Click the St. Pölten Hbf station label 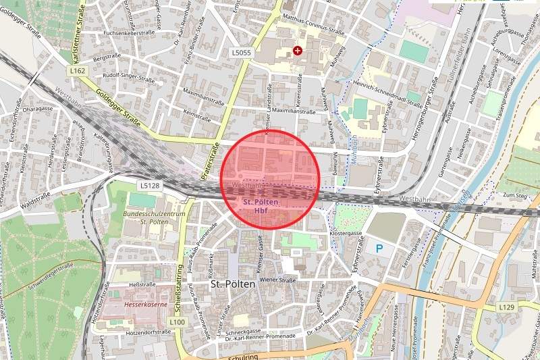[x=261, y=206]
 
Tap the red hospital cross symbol [x=298, y=50]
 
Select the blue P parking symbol [x=379, y=249]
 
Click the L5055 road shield [x=241, y=52]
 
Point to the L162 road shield [x=77, y=70]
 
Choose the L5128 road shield [x=150, y=184]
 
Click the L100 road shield [x=177, y=322]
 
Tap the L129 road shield [x=507, y=307]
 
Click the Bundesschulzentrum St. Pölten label [x=144, y=217]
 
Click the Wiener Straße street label [x=278, y=280]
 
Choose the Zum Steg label [x=514, y=195]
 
